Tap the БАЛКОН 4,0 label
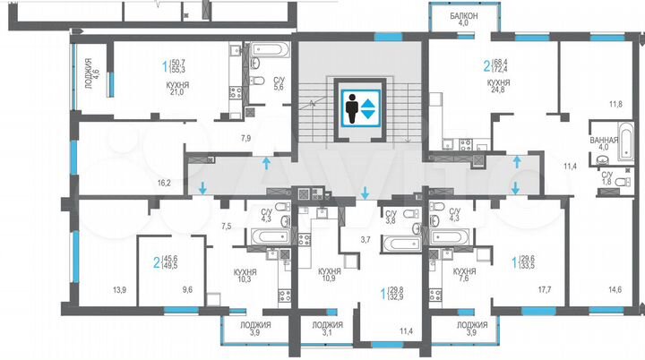(x=464, y=20)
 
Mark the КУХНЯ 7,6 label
(x=463, y=274)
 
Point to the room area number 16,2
(x=163, y=182)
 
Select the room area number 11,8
(x=615, y=104)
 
